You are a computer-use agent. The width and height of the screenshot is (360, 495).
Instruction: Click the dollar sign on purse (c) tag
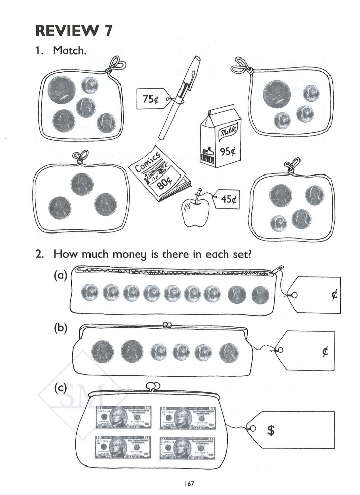[x=272, y=430]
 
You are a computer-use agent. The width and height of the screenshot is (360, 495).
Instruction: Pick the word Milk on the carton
[x=224, y=134]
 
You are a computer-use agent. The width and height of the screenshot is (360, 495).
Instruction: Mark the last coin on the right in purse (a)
[x=260, y=294]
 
